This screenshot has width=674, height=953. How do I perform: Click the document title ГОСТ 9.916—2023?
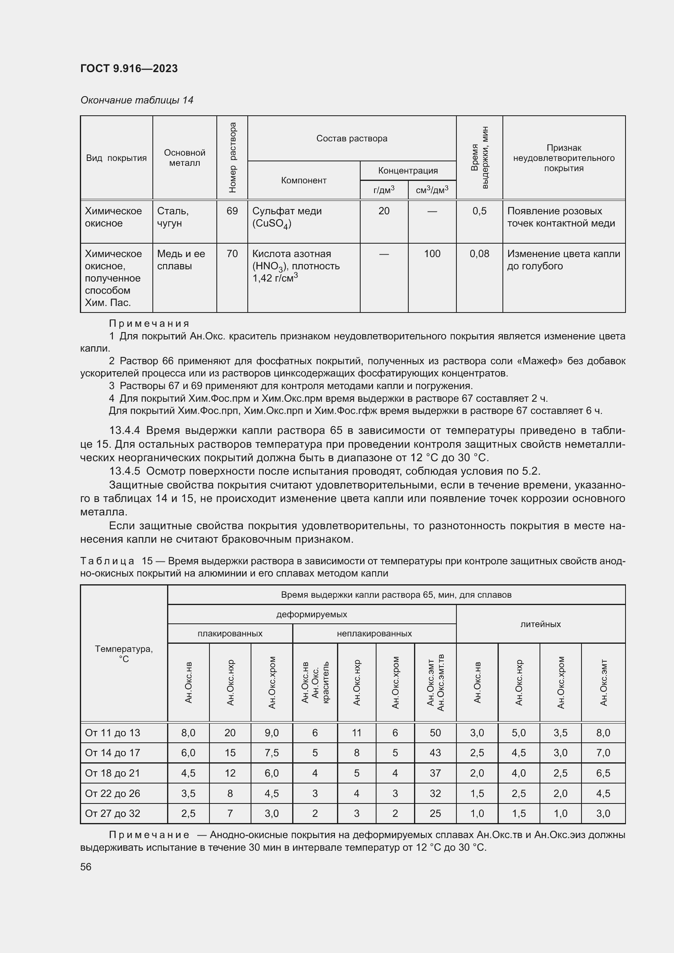tap(129, 68)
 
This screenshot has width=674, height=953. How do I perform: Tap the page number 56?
tap(86, 867)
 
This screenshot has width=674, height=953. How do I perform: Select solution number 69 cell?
tap(232, 211)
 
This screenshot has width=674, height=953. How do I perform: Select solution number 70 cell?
tap(232, 253)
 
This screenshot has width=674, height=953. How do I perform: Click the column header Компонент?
tap(304, 180)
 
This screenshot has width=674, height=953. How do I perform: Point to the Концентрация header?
tap(407, 171)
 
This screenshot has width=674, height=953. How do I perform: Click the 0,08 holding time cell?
tap(479, 253)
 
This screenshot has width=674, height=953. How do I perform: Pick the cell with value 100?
tap(432, 253)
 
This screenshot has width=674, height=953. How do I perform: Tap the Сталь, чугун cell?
tap(173, 217)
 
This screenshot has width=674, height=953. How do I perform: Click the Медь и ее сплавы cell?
tap(181, 260)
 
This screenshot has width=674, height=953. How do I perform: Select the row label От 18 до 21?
tap(112, 773)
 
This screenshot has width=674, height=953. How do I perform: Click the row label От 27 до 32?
tap(112, 813)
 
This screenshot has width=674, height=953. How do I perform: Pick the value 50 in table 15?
tap(435, 733)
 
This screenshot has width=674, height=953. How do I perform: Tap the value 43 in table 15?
tap(435, 753)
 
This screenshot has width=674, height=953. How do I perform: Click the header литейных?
tap(540, 624)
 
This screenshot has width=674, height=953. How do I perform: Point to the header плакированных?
tap(230, 634)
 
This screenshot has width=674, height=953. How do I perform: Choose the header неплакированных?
tap(374, 634)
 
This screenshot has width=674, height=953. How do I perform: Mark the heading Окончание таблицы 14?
tap(137, 100)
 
